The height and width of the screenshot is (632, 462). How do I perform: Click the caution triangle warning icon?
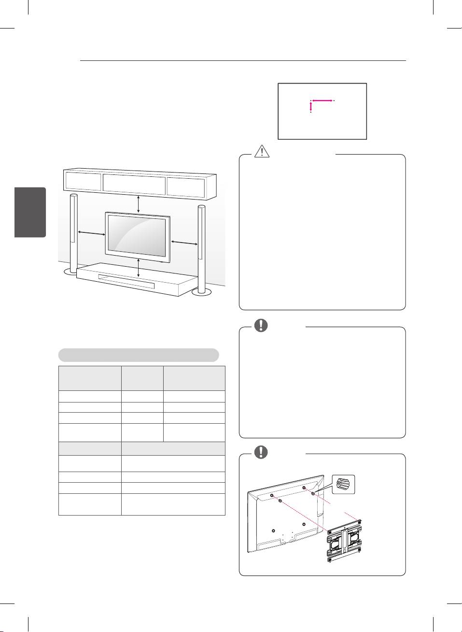262,151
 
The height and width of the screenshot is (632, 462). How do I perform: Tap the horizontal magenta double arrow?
322,101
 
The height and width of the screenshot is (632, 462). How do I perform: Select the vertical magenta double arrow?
310,107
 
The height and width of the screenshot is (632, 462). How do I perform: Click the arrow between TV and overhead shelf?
139,203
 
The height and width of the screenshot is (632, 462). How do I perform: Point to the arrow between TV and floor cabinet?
139,267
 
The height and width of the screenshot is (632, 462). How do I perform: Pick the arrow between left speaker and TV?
92,234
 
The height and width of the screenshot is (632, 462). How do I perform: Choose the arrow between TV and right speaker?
183,242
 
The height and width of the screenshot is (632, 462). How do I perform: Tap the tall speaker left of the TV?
73,232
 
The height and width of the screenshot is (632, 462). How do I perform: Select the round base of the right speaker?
201,291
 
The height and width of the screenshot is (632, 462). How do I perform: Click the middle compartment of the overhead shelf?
134,184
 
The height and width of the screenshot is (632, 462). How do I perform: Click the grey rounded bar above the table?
139,355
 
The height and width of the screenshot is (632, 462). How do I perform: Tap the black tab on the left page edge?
30,212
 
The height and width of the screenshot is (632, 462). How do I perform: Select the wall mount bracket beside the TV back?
344,543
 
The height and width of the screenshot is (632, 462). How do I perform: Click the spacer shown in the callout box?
343,484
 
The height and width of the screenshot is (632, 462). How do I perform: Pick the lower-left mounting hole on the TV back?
273,531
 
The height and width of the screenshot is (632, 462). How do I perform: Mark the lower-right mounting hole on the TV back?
304,524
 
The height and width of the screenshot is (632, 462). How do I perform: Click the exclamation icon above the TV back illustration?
261,452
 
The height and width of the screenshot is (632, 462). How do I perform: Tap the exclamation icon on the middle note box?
261,325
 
